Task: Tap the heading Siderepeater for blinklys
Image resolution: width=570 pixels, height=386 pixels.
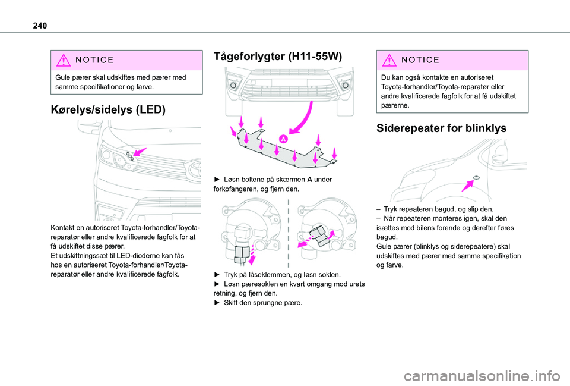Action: [441, 127]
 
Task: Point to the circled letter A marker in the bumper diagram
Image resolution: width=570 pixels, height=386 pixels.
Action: [284, 139]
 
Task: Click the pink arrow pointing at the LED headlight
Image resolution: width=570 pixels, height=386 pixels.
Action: [140, 153]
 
